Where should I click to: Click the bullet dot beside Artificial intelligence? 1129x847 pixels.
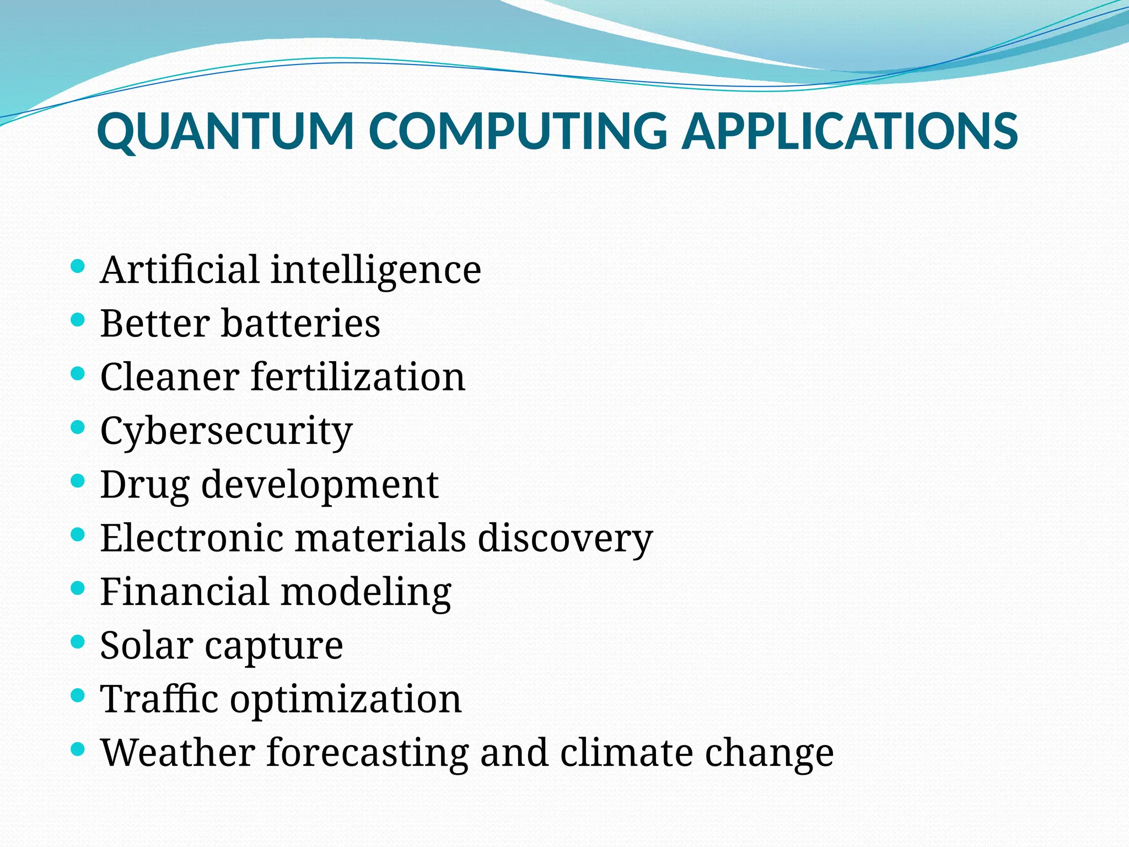pos(78,267)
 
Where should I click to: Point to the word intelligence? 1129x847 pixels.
pos(376,270)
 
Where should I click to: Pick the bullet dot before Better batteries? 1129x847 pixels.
pos(78,320)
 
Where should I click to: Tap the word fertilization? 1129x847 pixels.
pos(358,377)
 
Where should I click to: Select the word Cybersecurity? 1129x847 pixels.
pos(226,431)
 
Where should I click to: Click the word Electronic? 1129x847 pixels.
pos(191,538)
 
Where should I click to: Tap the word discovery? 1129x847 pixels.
pos(565,538)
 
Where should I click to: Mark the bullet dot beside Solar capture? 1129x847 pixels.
pos(78,642)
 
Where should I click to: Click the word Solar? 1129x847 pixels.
pos(147,645)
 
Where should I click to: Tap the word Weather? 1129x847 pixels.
pos(177,752)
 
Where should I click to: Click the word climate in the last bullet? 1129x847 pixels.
pos(626,752)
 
